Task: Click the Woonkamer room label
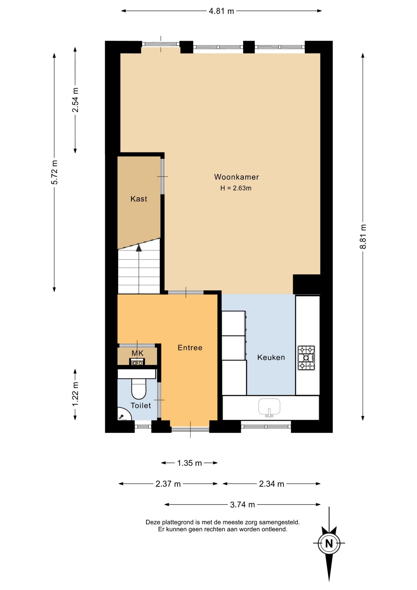pyautogui.click(x=236, y=177)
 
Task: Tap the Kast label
pyautogui.click(x=139, y=199)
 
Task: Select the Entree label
pyautogui.click(x=190, y=348)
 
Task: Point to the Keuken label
pyautogui.click(x=271, y=357)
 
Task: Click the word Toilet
pyautogui.click(x=141, y=406)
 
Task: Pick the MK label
pyautogui.click(x=138, y=353)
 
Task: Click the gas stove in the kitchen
pyautogui.click(x=306, y=358)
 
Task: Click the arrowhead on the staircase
pyautogui.click(x=139, y=248)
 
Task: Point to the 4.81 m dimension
pyautogui.click(x=221, y=11)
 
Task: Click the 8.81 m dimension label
pyautogui.click(x=363, y=237)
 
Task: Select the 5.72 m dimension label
pyautogui.click(x=54, y=172)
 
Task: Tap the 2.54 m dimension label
pyautogui.click(x=75, y=100)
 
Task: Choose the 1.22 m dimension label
pyautogui.click(x=75, y=394)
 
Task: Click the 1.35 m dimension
pyautogui.click(x=189, y=463)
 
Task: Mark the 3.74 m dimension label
pyautogui.click(x=243, y=505)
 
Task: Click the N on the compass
pyautogui.click(x=329, y=544)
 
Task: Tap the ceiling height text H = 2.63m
pyautogui.click(x=236, y=188)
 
